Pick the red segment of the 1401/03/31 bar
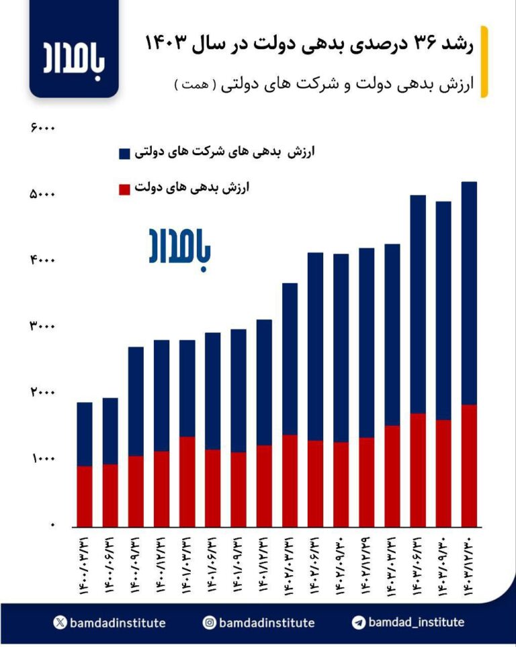(x=187, y=481)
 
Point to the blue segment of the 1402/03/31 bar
(x=290, y=359)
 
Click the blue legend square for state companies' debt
(x=124, y=153)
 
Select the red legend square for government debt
(x=124, y=189)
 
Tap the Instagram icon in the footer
(x=210, y=623)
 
